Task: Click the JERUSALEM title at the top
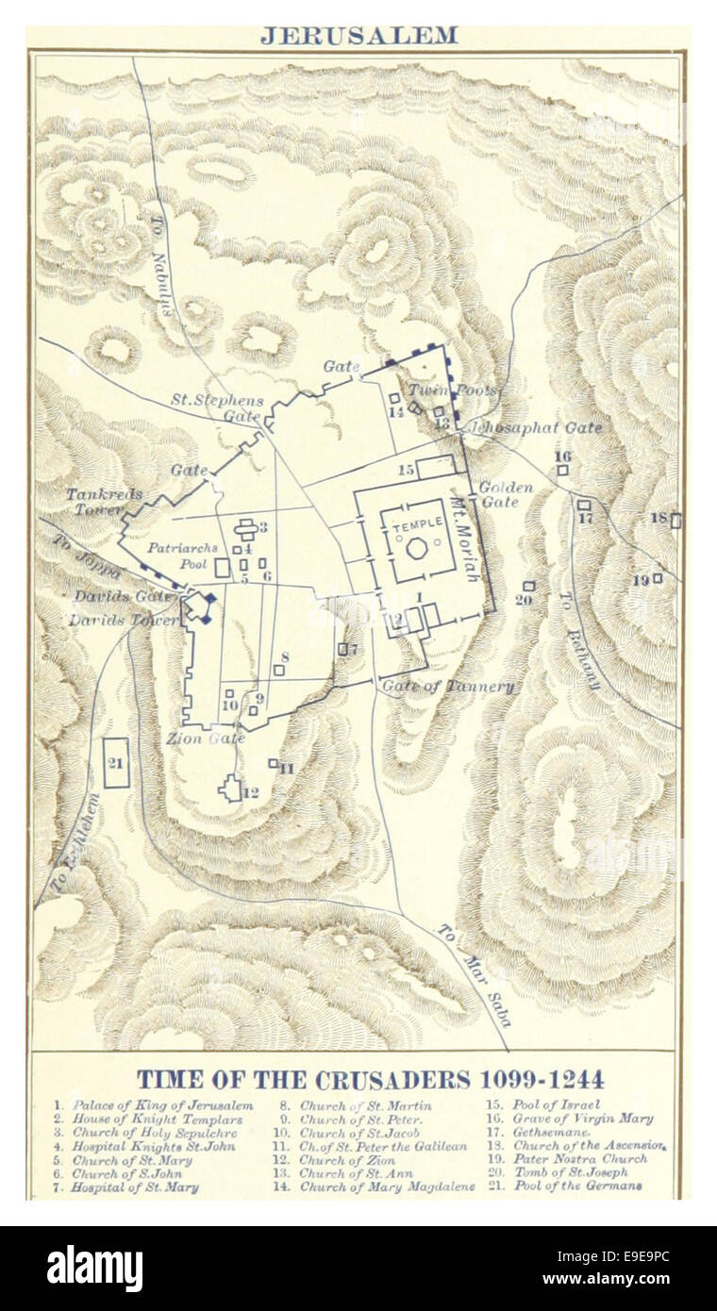point(358,36)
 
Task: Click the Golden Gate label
point(506,495)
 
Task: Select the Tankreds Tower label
point(94,502)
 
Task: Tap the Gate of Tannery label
point(448,686)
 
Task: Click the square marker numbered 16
point(562,469)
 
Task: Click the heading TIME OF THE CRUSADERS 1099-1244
point(371,1079)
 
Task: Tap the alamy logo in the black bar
point(94,1269)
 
